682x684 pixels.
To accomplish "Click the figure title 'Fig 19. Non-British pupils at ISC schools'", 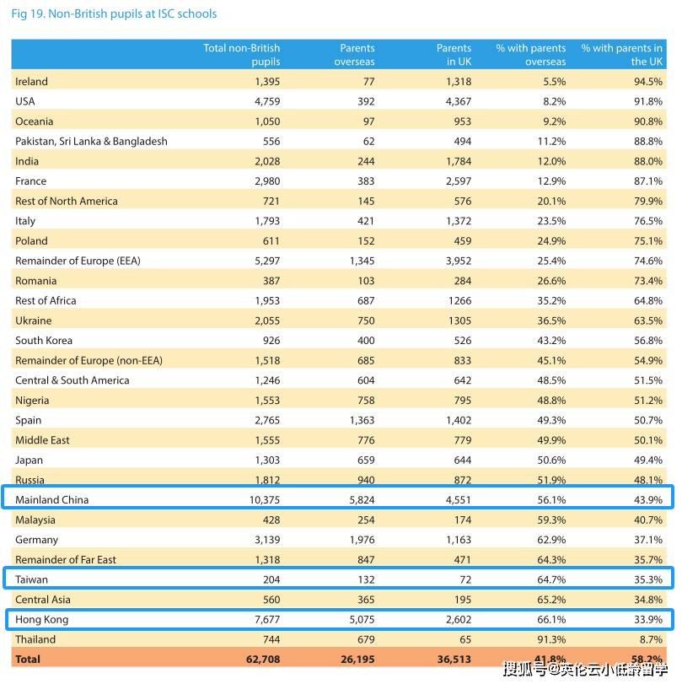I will point(114,13).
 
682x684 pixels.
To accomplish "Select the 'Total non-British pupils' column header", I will point(241,55).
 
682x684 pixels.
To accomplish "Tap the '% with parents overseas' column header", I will point(531,55).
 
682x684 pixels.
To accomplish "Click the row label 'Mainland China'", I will point(51,499).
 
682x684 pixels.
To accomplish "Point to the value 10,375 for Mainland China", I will point(260,499).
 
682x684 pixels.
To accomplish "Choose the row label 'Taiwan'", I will point(32,579).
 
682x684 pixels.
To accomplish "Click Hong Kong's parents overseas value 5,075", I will point(357,619).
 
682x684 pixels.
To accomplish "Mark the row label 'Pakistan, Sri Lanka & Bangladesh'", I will point(91,142).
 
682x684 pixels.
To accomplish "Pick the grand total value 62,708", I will point(262,659).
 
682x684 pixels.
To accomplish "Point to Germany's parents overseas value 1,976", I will point(358,540).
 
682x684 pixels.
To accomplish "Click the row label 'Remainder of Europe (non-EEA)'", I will point(89,360).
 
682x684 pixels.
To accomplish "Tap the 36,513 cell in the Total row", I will point(454,659).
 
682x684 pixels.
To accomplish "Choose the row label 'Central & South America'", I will point(72,380).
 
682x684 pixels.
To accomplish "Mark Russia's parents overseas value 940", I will point(362,480).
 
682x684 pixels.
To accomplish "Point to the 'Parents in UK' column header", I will point(454,55).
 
